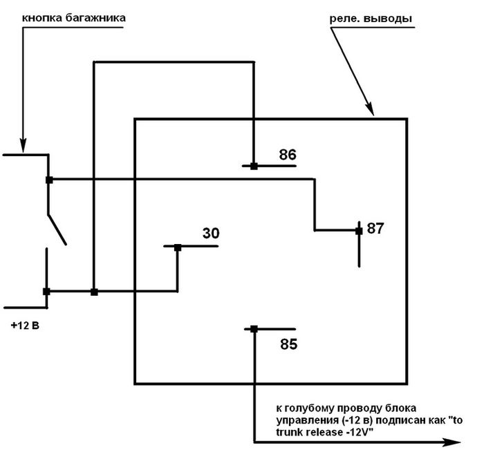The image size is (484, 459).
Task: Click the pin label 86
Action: (288, 155)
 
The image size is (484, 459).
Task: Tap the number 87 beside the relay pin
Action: (375, 228)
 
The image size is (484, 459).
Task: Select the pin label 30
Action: (211, 234)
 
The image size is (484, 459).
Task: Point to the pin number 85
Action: (289, 344)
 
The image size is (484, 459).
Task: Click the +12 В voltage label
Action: (26, 326)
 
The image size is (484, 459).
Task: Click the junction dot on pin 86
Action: (254, 166)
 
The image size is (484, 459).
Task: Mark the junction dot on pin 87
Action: (359, 230)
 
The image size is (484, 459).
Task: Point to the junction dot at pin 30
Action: (177, 247)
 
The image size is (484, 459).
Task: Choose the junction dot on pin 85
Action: (254, 330)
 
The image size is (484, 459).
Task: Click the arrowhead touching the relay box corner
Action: (369, 111)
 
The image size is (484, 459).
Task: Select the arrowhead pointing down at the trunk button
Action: (23, 146)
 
